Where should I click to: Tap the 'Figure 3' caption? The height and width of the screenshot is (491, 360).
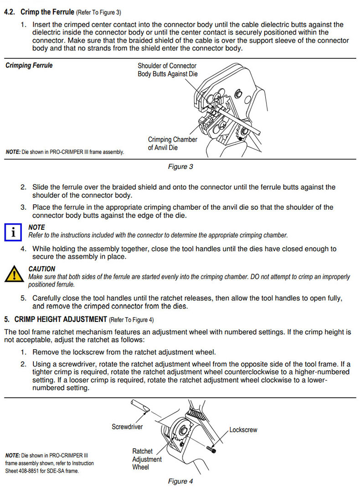click(x=180, y=166)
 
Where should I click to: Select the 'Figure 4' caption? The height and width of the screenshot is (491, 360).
click(x=180, y=481)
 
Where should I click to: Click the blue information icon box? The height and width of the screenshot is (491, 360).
click(x=13, y=233)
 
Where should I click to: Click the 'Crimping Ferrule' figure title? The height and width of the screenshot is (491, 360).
click(x=29, y=66)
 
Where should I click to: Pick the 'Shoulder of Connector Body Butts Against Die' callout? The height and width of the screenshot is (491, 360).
click(x=168, y=70)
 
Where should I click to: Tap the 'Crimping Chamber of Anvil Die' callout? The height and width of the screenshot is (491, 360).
click(x=173, y=144)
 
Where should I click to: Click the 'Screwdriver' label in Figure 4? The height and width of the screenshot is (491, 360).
click(x=127, y=427)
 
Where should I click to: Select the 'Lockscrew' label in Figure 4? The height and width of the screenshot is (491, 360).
click(x=243, y=429)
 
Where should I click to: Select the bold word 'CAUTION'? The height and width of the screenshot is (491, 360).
click(x=42, y=269)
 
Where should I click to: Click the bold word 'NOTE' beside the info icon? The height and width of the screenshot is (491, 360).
click(x=36, y=227)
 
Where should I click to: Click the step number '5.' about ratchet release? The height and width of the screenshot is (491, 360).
click(x=23, y=298)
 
